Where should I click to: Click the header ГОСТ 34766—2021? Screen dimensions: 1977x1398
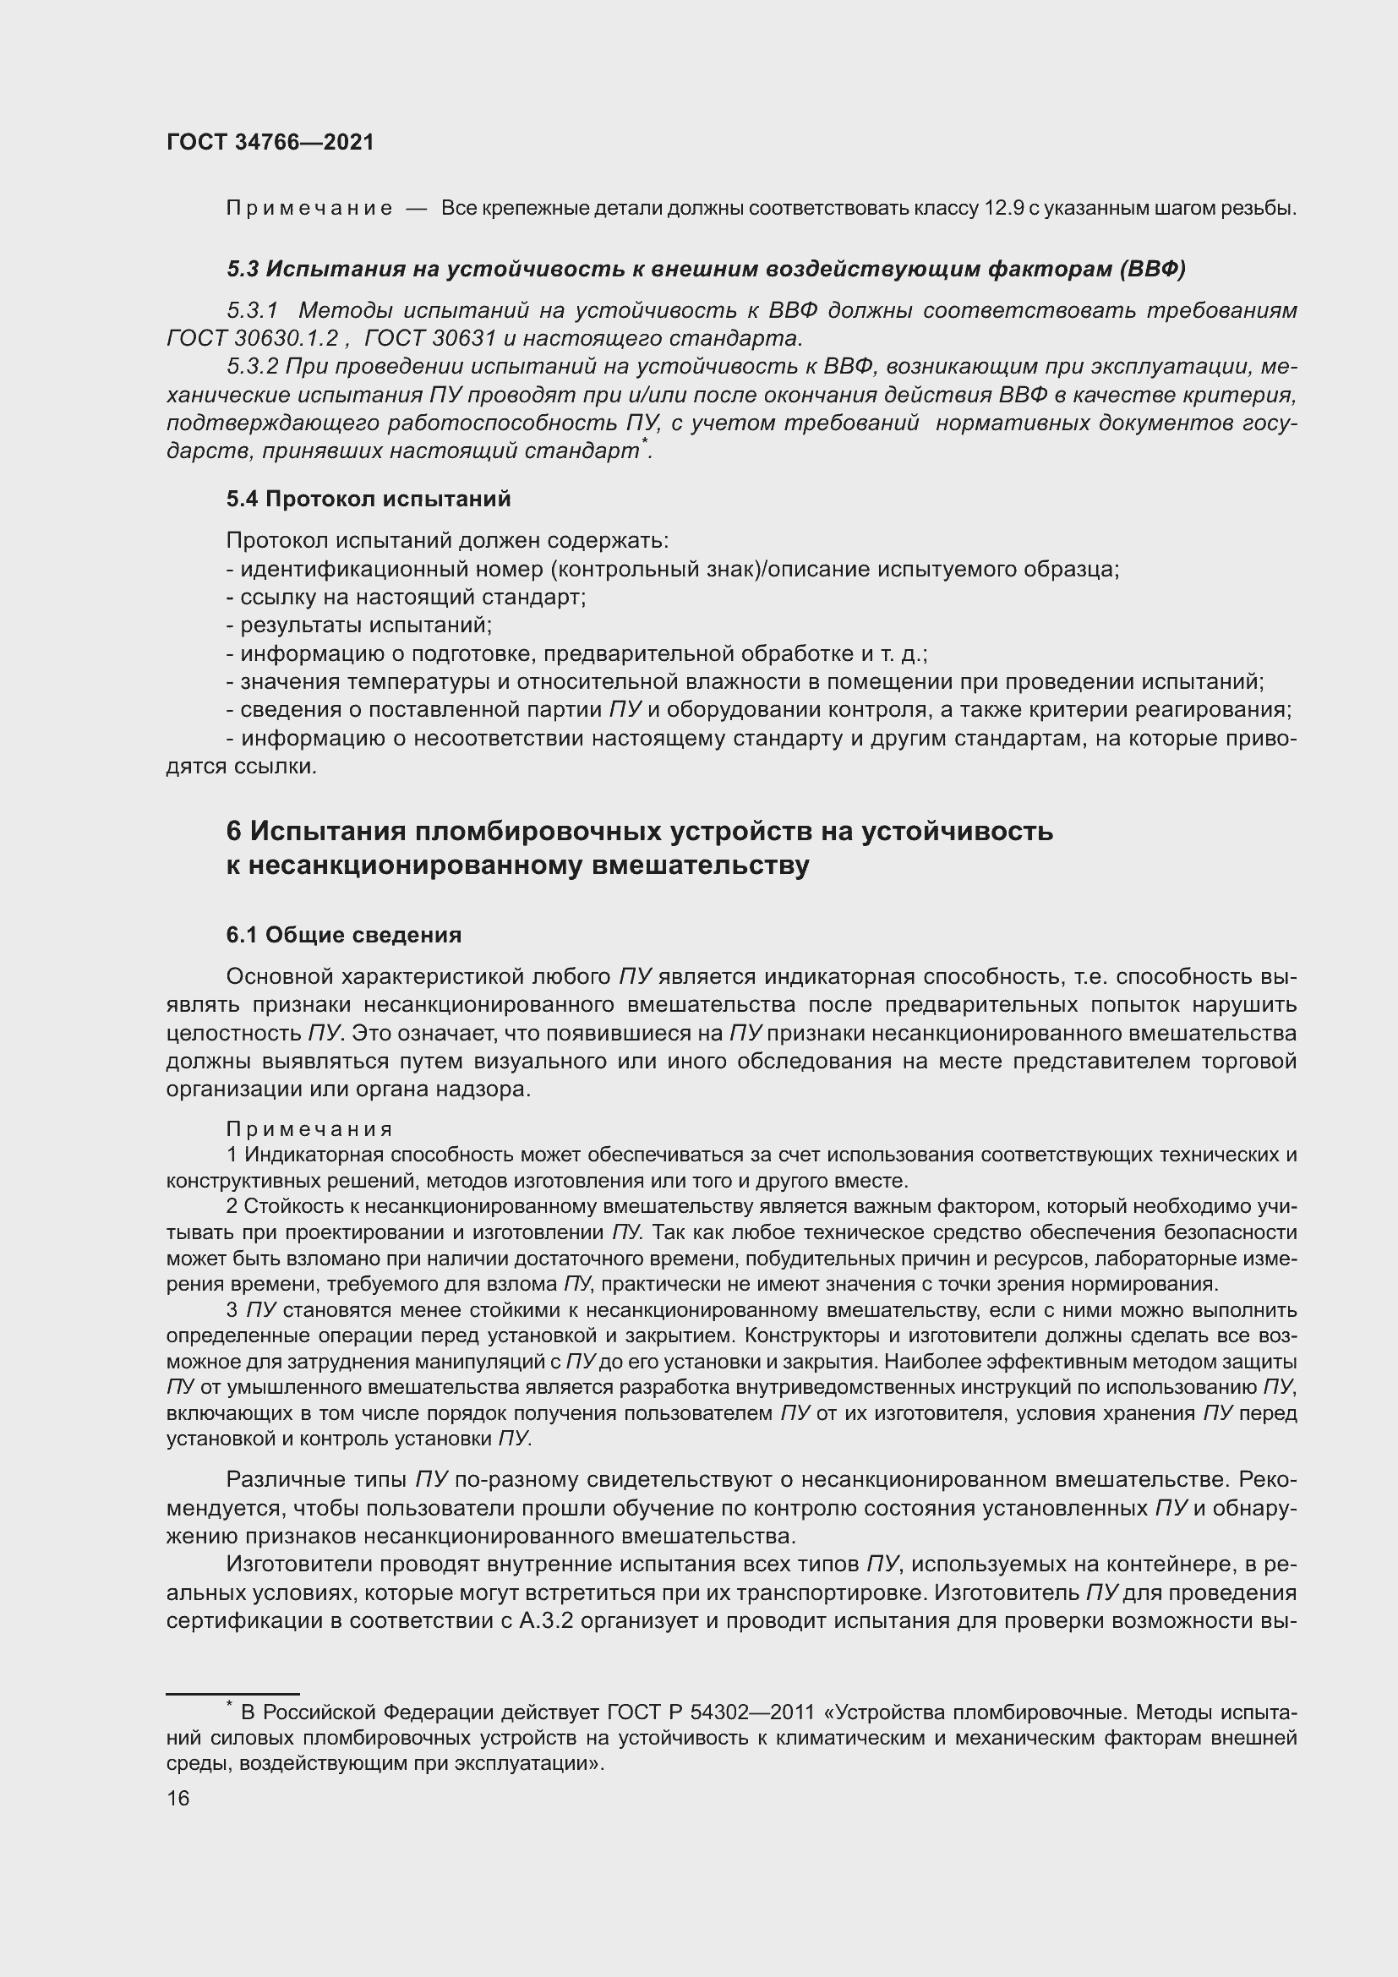click(270, 142)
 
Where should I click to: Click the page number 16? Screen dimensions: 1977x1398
click(178, 1799)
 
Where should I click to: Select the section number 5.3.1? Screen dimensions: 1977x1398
click(253, 310)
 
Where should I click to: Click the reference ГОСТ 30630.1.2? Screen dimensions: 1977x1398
click(252, 338)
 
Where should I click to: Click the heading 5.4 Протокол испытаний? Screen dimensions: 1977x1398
click(369, 499)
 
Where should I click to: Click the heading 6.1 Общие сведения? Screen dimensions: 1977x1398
click(343, 935)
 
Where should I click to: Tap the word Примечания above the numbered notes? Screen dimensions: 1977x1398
click(309, 1129)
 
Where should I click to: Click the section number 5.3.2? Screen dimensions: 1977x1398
click(253, 367)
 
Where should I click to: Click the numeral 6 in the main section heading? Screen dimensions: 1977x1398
click(234, 831)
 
